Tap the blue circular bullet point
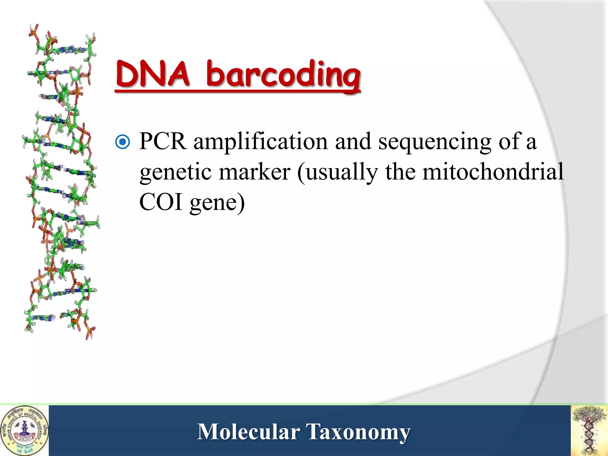click(x=123, y=142)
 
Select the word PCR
click(x=163, y=141)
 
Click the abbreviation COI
click(x=161, y=202)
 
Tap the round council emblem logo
click(x=24, y=430)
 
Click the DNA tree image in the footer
click(x=589, y=430)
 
